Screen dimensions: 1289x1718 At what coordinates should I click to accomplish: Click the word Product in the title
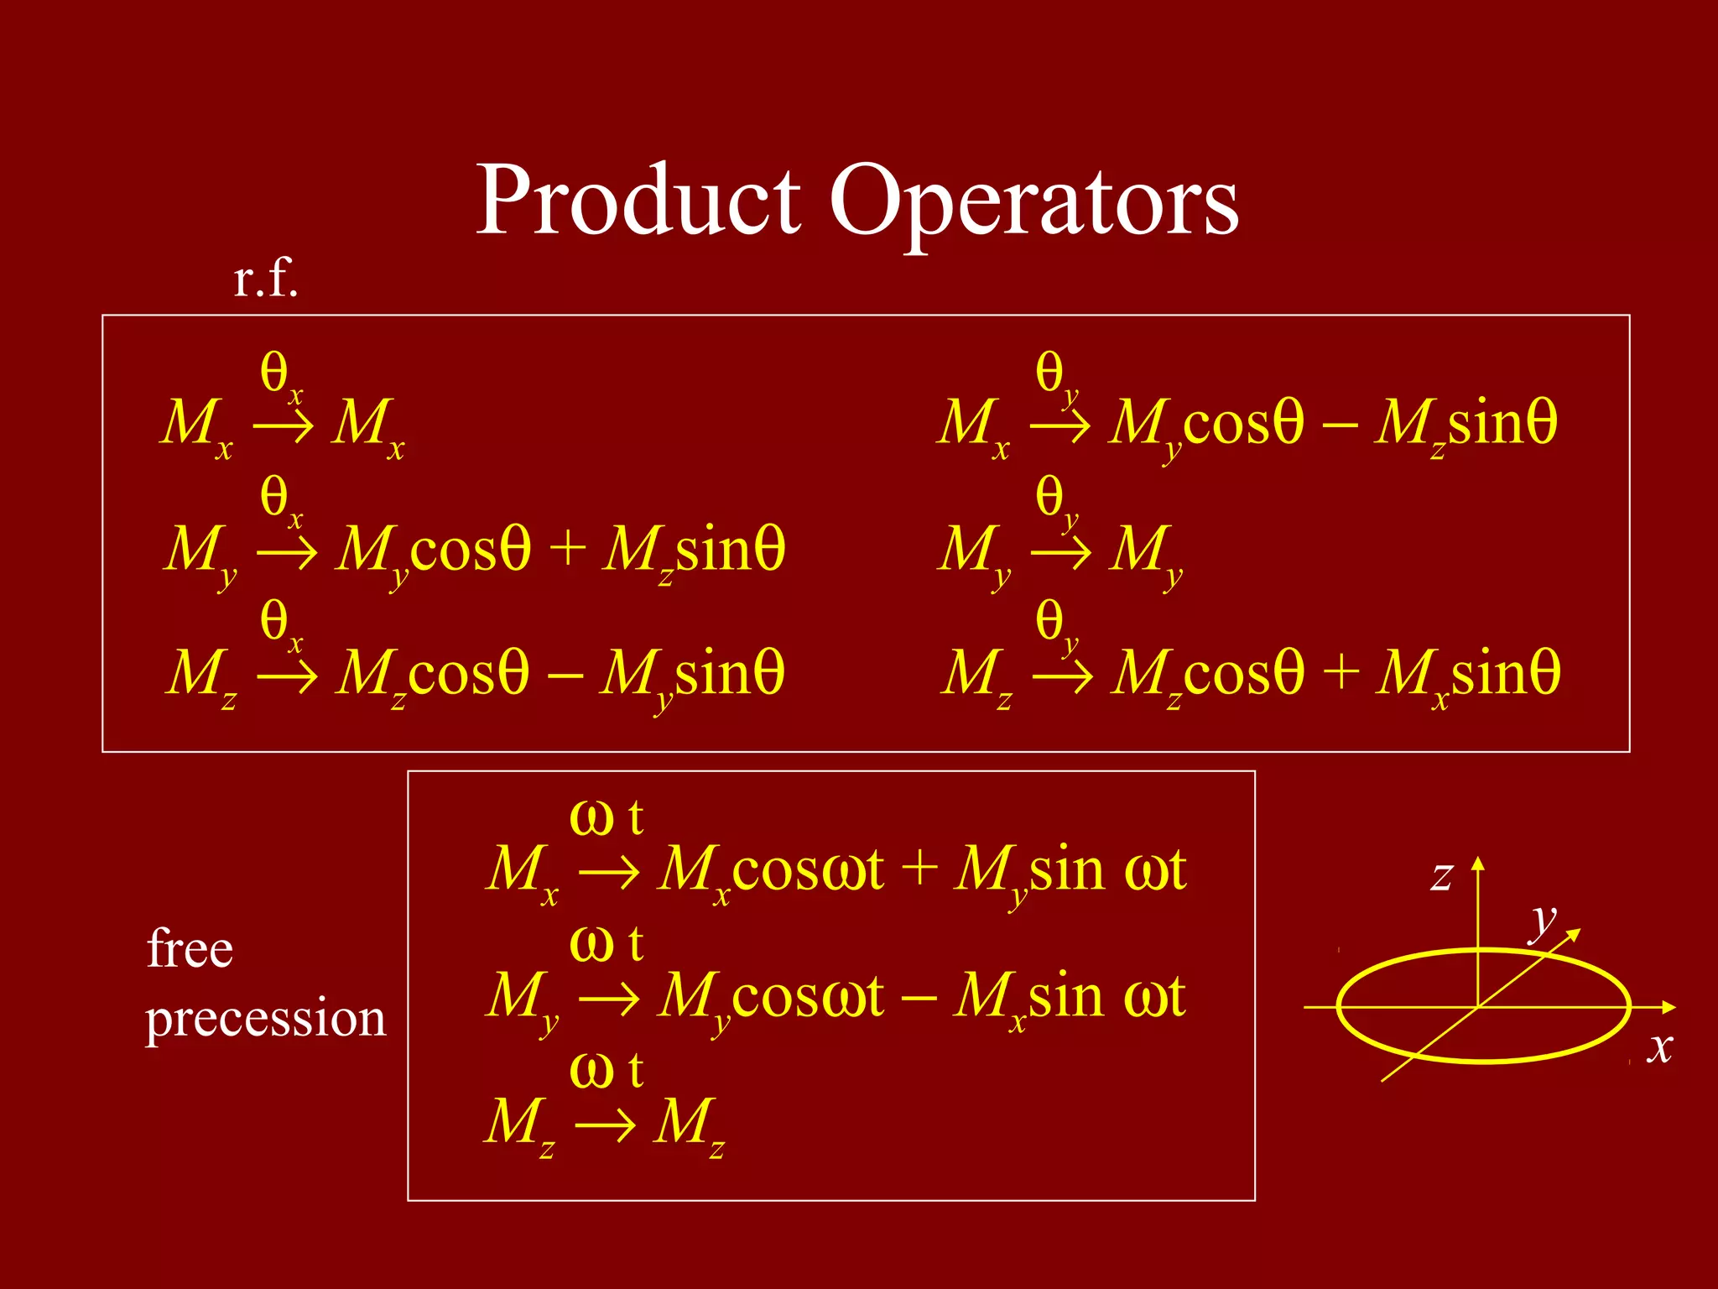[x=638, y=201]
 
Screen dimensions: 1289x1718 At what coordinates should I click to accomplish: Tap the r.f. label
[x=266, y=279]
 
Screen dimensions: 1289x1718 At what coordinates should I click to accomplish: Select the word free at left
[x=190, y=949]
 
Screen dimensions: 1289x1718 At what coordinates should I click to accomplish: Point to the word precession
[x=265, y=1019]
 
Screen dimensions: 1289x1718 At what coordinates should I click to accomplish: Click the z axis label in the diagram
[x=1441, y=877]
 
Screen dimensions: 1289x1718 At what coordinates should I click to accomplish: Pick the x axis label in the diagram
[x=1659, y=1047]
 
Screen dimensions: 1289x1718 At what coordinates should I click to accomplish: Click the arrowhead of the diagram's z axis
[x=1478, y=863]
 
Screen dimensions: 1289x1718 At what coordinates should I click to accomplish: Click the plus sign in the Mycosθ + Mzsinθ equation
[x=567, y=549]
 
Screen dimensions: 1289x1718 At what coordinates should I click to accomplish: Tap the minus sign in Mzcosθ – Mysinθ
[x=564, y=673]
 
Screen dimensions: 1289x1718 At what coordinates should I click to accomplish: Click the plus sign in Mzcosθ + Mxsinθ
[x=1341, y=673]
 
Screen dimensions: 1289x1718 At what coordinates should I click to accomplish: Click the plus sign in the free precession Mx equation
[x=919, y=869]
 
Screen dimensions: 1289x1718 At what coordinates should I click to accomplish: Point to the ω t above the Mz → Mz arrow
[x=606, y=1071]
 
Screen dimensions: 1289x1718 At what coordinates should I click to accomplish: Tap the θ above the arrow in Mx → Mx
[x=275, y=372]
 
